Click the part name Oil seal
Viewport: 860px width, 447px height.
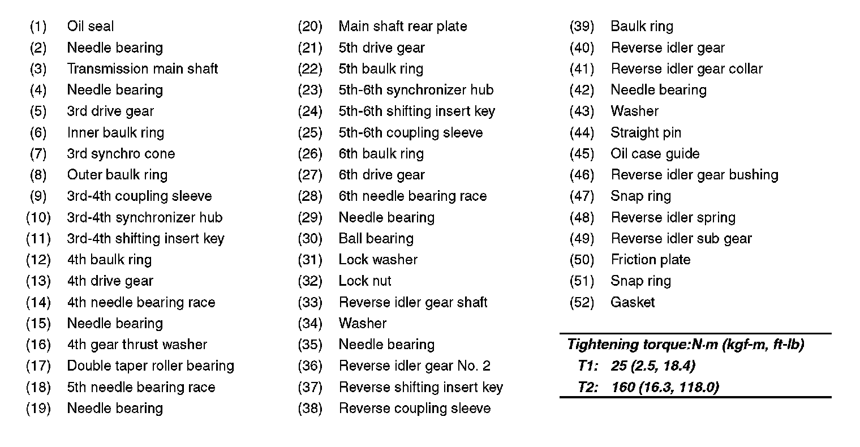pos(90,27)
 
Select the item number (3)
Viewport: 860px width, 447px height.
pos(38,69)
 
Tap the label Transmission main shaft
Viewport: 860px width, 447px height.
pos(142,69)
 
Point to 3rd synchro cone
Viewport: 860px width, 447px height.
pos(121,154)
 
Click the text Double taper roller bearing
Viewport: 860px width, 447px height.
pos(150,366)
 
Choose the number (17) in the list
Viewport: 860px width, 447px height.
pos(38,366)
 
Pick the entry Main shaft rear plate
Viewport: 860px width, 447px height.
pos(402,27)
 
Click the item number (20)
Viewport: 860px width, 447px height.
pos(309,27)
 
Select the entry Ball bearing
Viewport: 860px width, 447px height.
pos(376,239)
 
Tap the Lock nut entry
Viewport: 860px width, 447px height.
pos(364,281)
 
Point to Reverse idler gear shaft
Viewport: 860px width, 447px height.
pos(412,303)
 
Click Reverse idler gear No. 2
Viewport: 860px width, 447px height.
pos(414,366)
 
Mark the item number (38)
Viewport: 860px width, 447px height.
pos(309,409)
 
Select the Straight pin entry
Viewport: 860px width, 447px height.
pos(646,133)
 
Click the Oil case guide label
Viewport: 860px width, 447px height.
pos(655,154)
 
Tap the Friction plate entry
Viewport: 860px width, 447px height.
pos(650,260)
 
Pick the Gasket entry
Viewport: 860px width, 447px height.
pos(632,303)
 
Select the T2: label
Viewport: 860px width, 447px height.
pos(587,388)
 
